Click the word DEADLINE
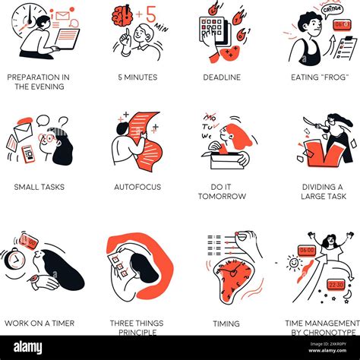pos(222,77)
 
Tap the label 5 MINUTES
pos(137,77)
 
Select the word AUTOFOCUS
pos(137,187)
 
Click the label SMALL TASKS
pos(39,187)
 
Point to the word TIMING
pos(226,324)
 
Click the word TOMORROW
pos(222,197)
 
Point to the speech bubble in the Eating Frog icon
pos(332,9)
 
